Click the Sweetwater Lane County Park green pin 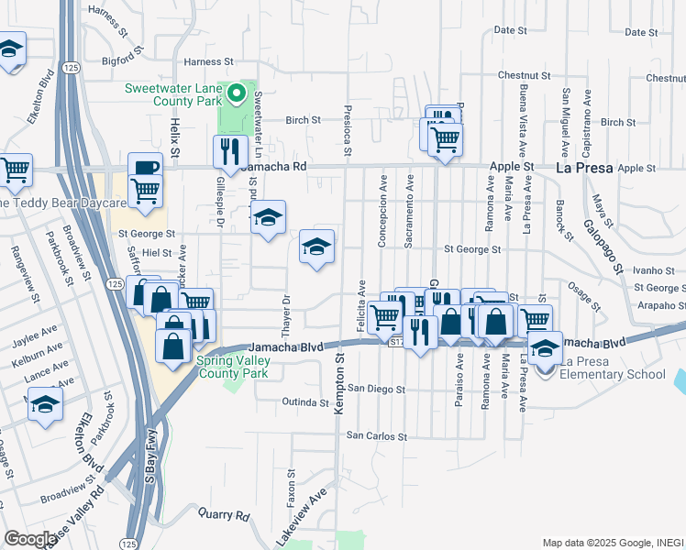click(237, 93)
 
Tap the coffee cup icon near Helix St click(145, 167)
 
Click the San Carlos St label click(375, 435)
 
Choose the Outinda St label click(305, 401)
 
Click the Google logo click(30, 539)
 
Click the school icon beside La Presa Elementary click(545, 349)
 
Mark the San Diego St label click(375, 389)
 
